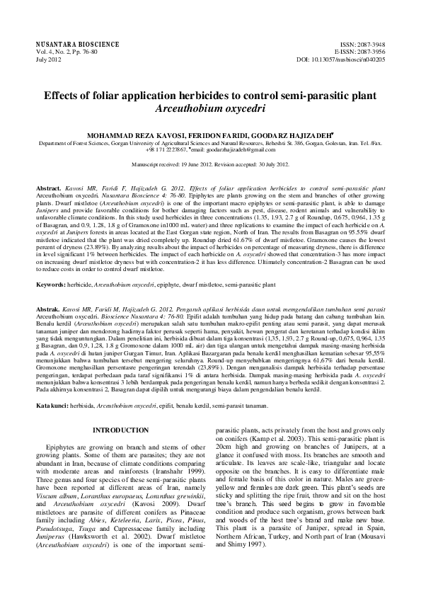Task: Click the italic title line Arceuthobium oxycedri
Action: (210, 109)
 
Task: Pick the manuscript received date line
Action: (210, 164)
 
